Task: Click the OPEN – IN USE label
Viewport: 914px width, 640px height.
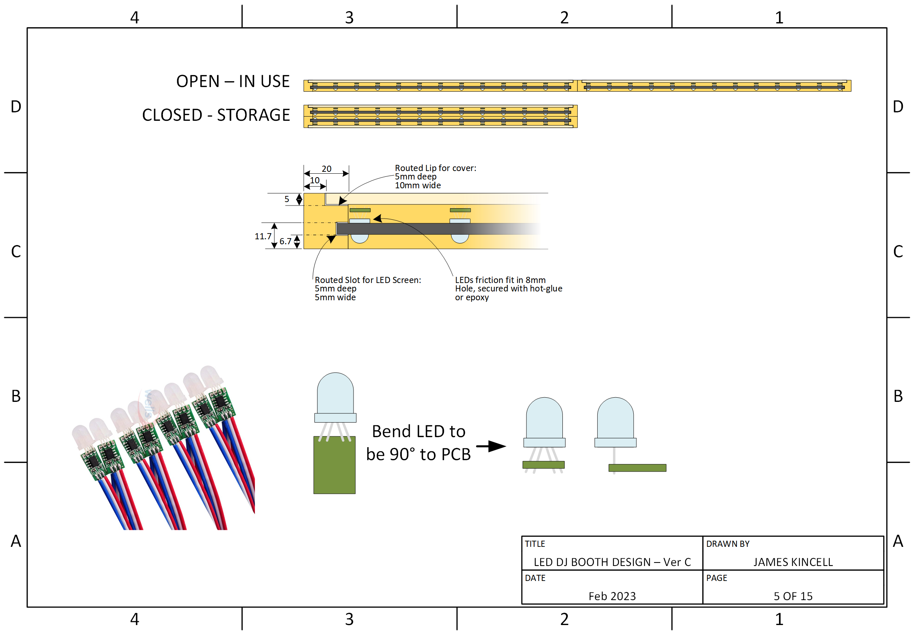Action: (x=233, y=81)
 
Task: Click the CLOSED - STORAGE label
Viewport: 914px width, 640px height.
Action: (x=216, y=115)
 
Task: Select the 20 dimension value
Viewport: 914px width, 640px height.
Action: (x=326, y=169)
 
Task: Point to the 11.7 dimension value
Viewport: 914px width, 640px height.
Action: (x=263, y=236)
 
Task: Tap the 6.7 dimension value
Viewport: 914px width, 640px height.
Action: (x=285, y=241)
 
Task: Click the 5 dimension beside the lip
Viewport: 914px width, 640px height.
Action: (x=287, y=199)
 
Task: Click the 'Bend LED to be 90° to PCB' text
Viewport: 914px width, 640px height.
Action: (x=418, y=443)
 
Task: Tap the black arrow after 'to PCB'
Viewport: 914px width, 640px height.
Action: (x=491, y=446)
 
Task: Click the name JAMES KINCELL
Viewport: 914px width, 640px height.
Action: (x=792, y=562)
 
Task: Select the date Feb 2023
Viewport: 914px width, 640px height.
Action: (x=612, y=596)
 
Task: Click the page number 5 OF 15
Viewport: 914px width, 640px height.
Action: (x=792, y=596)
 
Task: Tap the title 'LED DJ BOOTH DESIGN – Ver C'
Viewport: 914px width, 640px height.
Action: (x=612, y=562)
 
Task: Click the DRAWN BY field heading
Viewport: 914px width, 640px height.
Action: (x=728, y=544)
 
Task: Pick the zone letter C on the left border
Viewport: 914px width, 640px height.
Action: (x=16, y=251)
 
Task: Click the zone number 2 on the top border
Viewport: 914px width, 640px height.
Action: (x=564, y=18)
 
